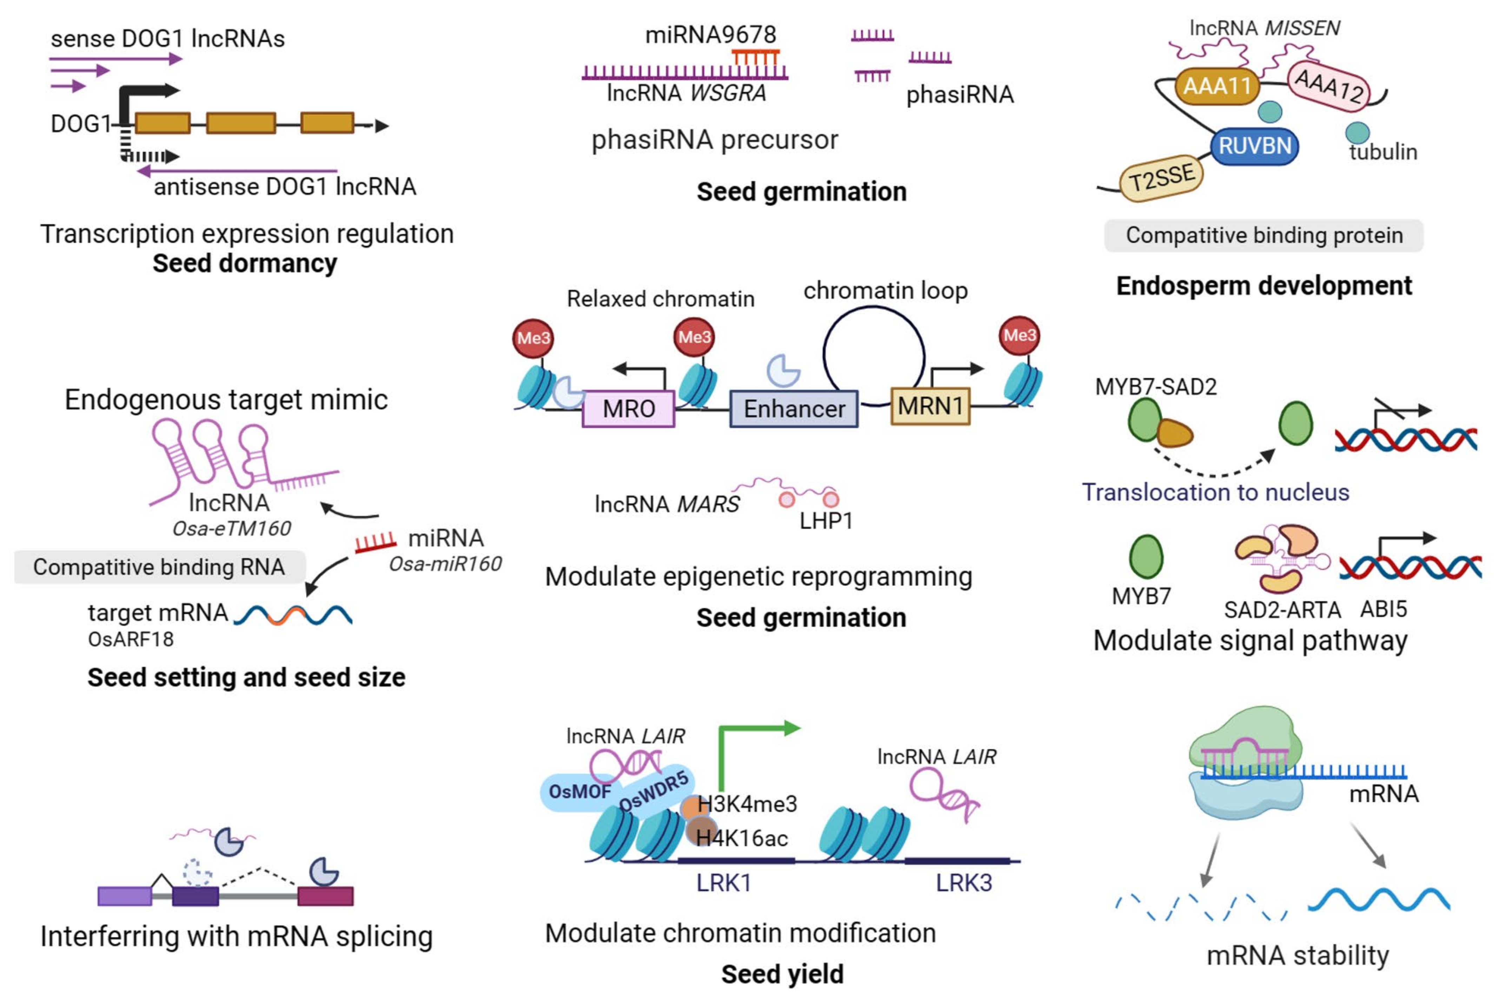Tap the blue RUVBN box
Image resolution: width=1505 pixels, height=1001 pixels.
[1254, 146]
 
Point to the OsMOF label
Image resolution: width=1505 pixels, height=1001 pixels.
[579, 791]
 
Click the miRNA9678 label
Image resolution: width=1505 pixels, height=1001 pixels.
[710, 34]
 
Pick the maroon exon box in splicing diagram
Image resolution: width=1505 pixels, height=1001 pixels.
[325, 896]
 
